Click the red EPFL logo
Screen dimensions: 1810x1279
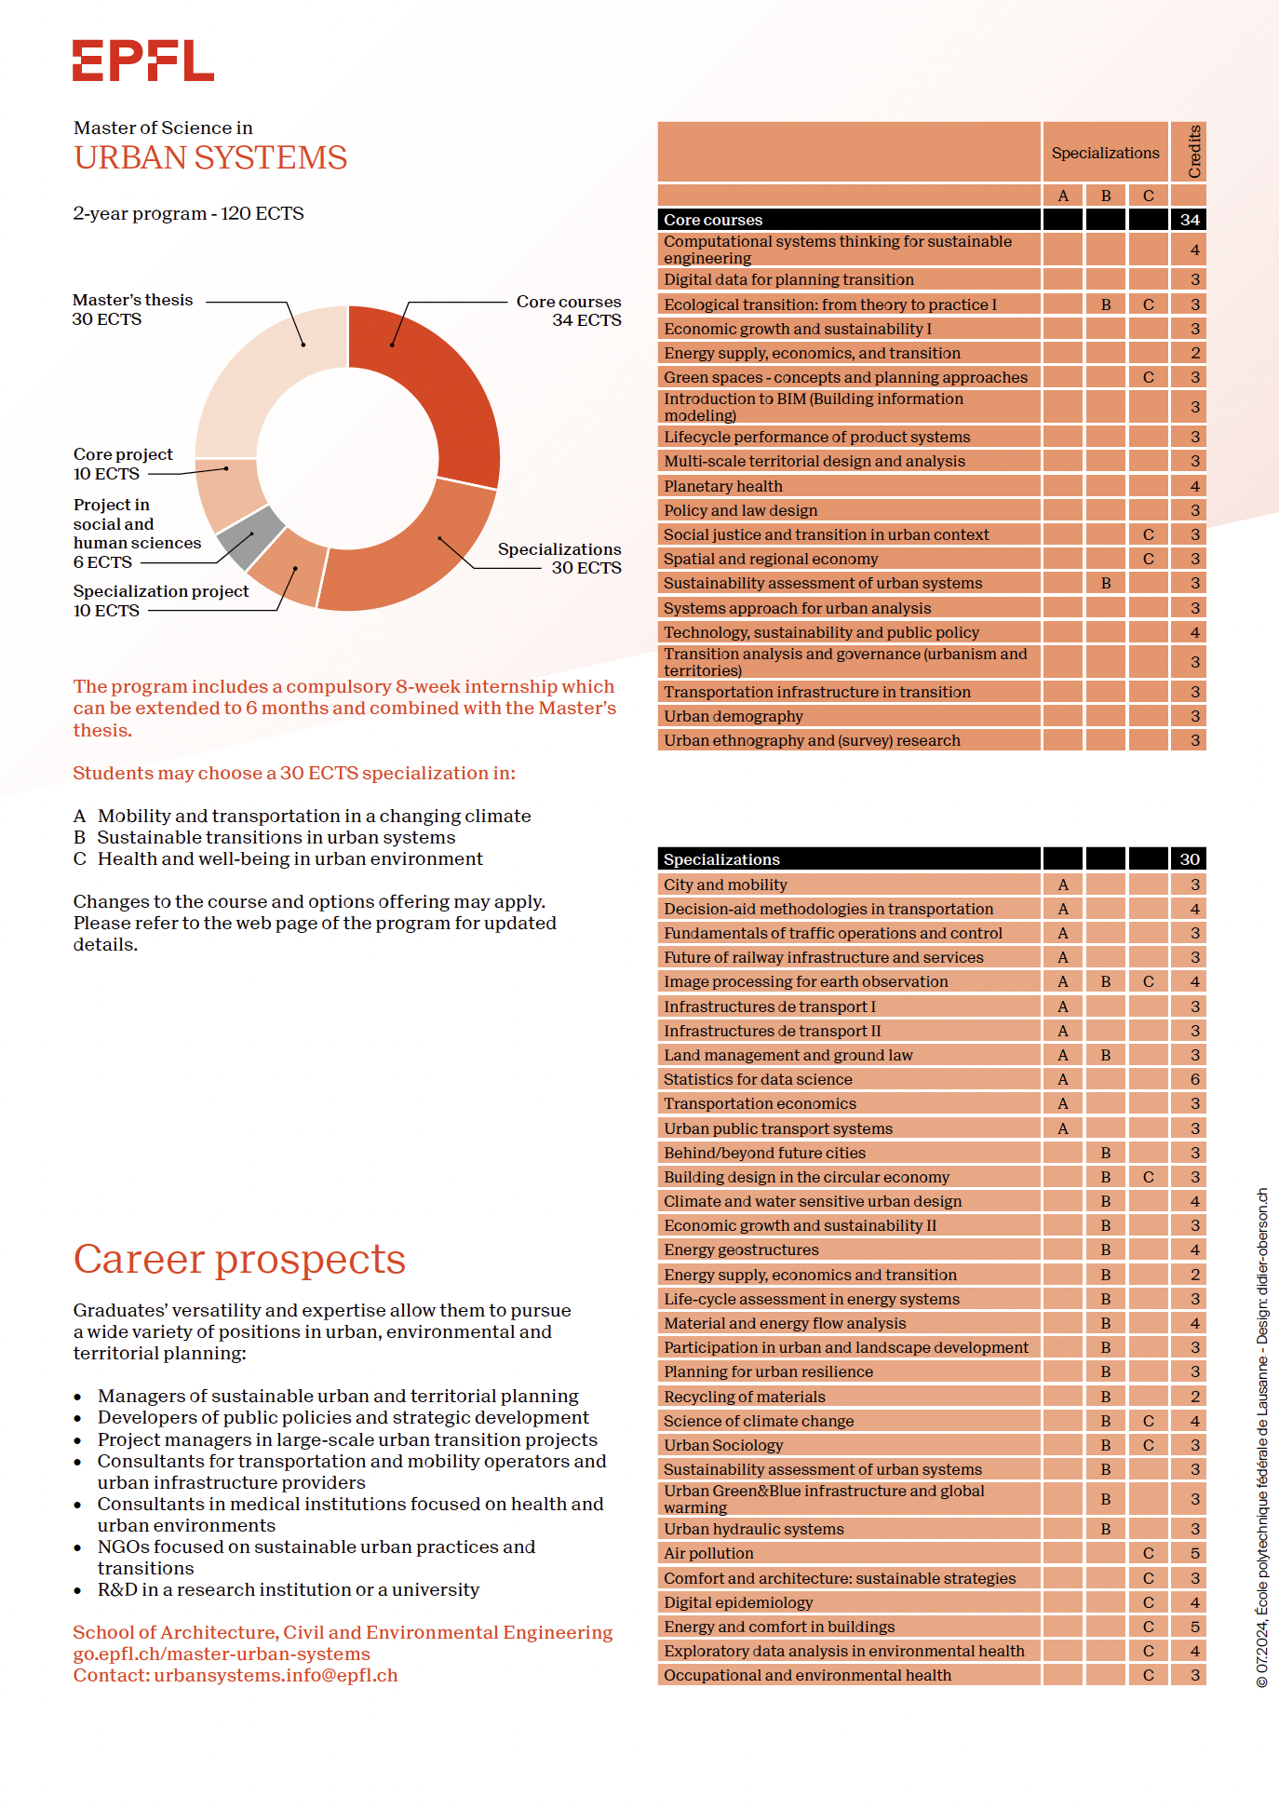(143, 61)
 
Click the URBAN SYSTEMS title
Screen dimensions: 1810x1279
(210, 157)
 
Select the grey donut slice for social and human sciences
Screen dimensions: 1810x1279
(249, 537)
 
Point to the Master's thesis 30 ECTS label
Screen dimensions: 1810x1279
(132, 309)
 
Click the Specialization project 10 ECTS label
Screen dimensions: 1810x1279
(160, 601)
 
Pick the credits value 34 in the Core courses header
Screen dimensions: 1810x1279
(1189, 220)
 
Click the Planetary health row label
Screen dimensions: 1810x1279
(723, 486)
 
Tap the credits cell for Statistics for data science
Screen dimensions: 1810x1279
(1194, 1079)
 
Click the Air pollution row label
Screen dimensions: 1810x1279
(708, 1553)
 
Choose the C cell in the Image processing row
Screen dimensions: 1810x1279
(1148, 981)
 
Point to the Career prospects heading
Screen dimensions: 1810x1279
(239, 1259)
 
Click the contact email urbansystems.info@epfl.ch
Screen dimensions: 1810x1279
(276, 1675)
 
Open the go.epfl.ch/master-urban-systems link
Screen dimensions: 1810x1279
(222, 1654)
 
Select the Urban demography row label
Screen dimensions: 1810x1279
(733, 716)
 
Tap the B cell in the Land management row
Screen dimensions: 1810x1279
(1105, 1055)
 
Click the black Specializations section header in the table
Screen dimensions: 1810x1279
(721, 859)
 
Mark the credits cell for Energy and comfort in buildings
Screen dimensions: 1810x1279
(1194, 1627)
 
